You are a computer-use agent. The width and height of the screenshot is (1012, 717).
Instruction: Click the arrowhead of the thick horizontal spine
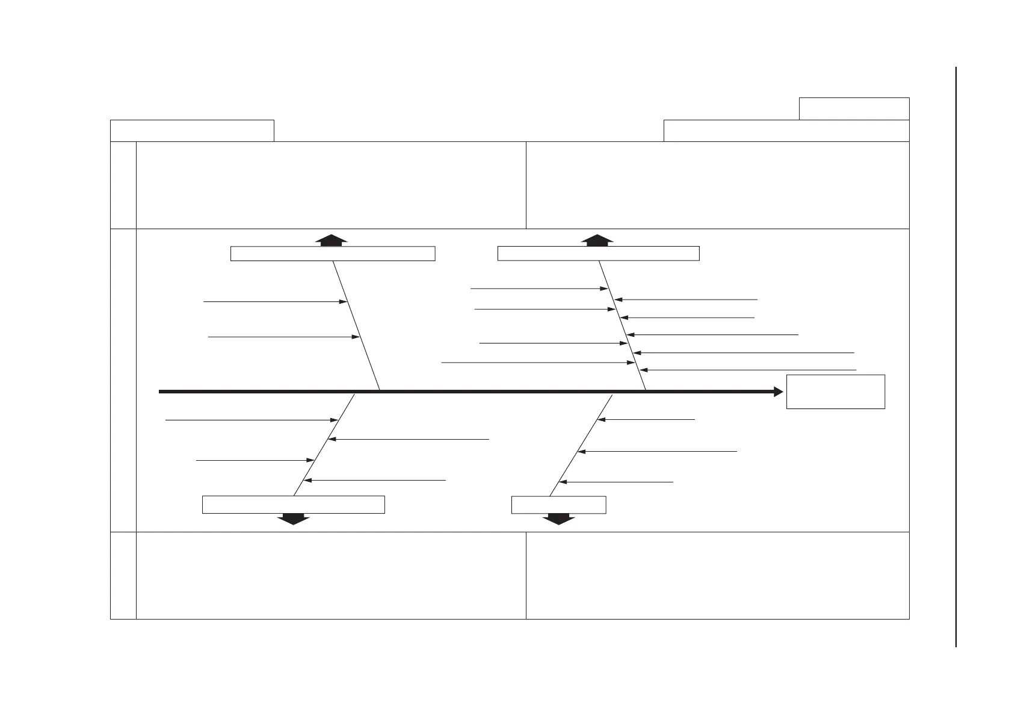click(779, 392)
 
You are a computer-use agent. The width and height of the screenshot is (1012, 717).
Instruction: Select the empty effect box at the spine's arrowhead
click(835, 392)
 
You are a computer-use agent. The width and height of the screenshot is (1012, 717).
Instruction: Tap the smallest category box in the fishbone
click(558, 505)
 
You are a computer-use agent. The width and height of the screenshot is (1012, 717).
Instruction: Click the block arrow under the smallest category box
click(558, 519)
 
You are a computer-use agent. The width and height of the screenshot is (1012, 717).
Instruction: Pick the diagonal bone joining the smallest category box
click(581, 446)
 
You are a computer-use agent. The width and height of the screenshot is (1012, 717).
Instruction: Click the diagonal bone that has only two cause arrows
click(356, 325)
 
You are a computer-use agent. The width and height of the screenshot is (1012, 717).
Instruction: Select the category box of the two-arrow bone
click(333, 253)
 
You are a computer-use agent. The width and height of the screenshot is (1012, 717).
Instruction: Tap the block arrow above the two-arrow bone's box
click(332, 240)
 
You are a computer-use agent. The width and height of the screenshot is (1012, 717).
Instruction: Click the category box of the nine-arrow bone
click(598, 253)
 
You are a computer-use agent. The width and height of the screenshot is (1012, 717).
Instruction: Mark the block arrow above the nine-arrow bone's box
click(597, 240)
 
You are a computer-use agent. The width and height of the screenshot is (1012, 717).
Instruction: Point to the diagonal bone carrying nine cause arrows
click(622, 325)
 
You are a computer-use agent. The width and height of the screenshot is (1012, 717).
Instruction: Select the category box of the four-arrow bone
click(293, 505)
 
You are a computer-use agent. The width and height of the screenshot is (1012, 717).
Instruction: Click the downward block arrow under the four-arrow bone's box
click(292, 519)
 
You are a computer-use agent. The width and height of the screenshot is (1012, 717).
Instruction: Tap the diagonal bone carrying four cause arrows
click(324, 446)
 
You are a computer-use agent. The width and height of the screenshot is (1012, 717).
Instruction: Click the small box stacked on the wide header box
click(854, 109)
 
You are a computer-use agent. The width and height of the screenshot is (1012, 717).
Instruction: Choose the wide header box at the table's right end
click(786, 131)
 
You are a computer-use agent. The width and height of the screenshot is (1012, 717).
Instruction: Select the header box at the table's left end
click(192, 131)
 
